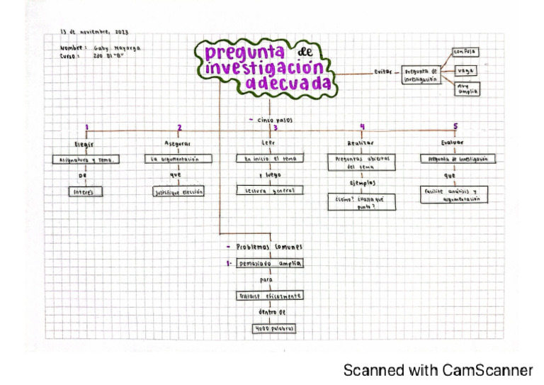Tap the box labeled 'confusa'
[465, 52]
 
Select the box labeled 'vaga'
[465, 72]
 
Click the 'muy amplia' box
[465, 89]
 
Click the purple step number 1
[86, 128]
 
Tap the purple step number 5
[455, 127]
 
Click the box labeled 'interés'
[86, 191]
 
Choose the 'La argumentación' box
[178, 160]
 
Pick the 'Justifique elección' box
[178, 191]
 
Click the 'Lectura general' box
[270, 190]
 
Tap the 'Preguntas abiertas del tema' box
[362, 163]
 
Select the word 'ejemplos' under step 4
[362, 182]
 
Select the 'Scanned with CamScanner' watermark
[438, 370]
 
